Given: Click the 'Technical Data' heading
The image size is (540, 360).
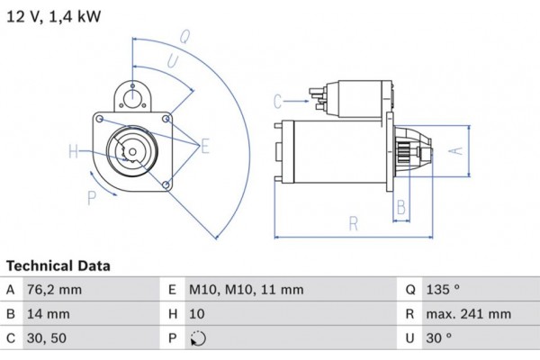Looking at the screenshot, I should [58, 266].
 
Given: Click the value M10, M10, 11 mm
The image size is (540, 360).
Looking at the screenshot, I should [246, 290].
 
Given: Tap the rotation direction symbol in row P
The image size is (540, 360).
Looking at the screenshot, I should [200, 340].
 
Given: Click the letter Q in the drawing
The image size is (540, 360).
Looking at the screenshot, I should [185, 37].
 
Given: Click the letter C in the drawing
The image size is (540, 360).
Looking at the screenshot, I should [278, 100].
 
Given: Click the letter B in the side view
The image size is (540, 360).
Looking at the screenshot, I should [400, 207].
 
